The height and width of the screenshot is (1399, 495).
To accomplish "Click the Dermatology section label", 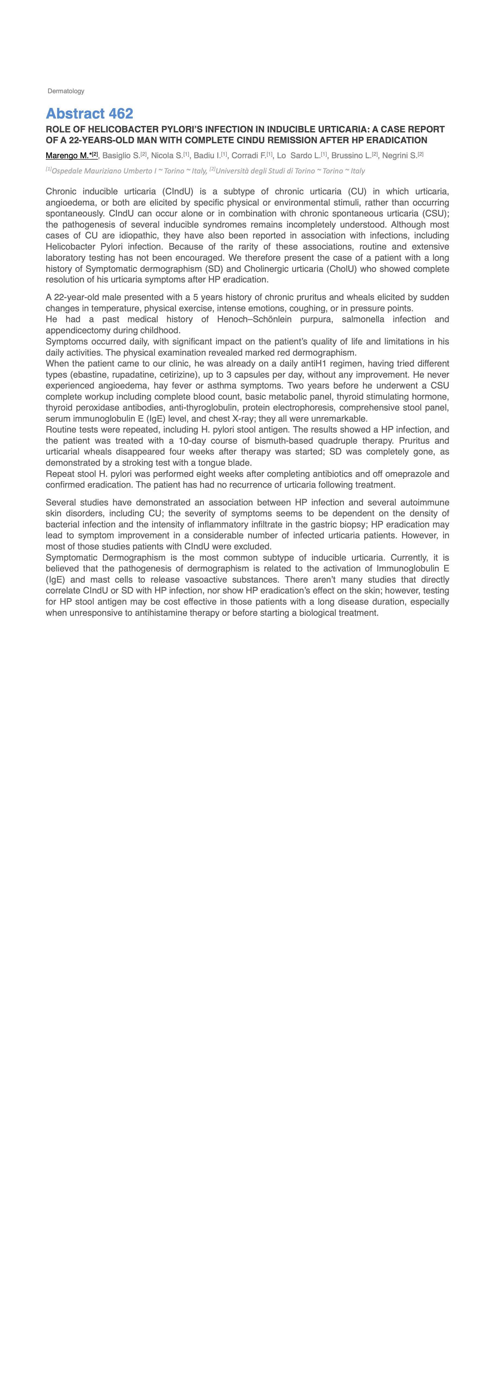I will coord(66,91).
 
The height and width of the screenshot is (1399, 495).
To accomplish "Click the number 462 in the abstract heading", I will coord(121,114).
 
